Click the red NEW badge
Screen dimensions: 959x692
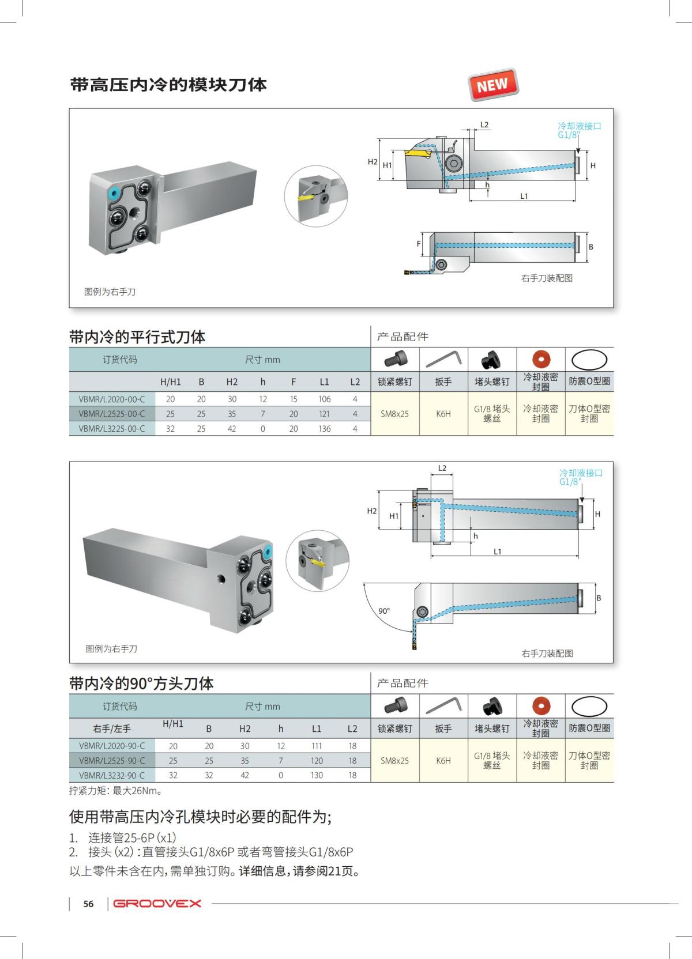click(x=493, y=85)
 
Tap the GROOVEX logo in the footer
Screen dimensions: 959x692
click(x=157, y=903)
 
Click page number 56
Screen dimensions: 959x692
click(x=88, y=904)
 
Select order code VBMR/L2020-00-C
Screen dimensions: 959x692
click(x=112, y=399)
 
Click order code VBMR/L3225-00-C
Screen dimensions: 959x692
click(x=112, y=429)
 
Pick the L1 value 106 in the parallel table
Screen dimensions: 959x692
click(x=324, y=399)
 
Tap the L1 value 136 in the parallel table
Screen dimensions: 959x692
click(x=324, y=429)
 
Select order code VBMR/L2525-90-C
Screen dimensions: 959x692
click(x=112, y=761)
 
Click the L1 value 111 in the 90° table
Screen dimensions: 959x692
click(x=317, y=746)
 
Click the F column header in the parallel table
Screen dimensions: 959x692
click(x=294, y=382)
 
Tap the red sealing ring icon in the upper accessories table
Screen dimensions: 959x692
click(x=541, y=359)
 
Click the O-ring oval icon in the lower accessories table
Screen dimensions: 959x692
click(x=589, y=706)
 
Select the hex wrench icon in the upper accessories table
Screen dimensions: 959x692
click(x=443, y=358)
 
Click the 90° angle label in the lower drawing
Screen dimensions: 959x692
click(x=384, y=611)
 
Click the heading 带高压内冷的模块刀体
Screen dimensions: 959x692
click(x=168, y=85)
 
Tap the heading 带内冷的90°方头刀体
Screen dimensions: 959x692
click(x=141, y=684)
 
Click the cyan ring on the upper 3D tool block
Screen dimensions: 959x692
click(x=113, y=192)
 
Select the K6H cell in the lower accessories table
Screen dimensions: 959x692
click(x=443, y=761)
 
